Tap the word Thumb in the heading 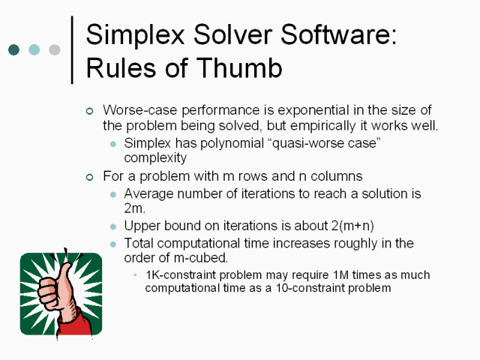[x=238, y=67]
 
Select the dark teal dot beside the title [x=13, y=49]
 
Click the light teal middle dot [x=34, y=49]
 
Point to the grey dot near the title [x=55, y=49]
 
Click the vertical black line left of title [x=72, y=49]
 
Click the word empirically [x=322, y=126]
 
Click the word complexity [x=155, y=158]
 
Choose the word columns [x=337, y=176]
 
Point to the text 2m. [x=134, y=208]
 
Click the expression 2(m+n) [x=352, y=226]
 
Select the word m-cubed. [x=201, y=258]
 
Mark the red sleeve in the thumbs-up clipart [x=75, y=325]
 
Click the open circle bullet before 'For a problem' [x=89, y=177]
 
